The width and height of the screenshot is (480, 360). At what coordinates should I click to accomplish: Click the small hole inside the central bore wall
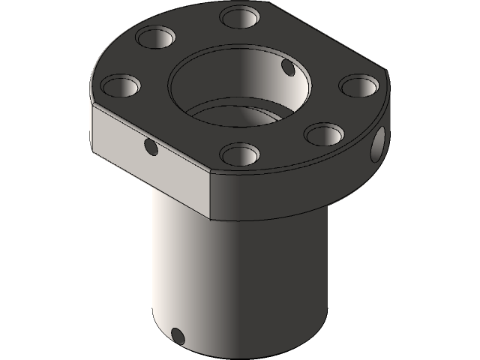pos(287,69)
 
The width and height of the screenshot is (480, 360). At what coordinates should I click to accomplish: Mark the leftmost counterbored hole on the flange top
pos(118,85)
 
